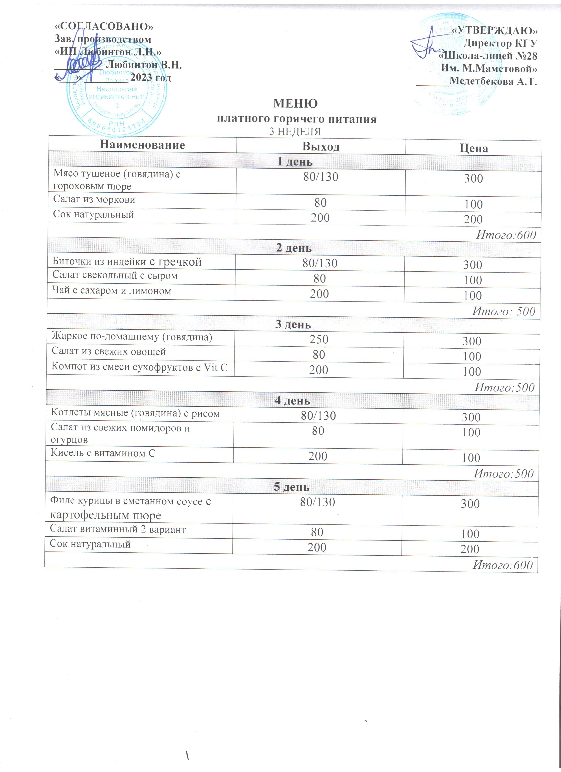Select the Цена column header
(x=474, y=148)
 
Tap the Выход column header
(x=321, y=147)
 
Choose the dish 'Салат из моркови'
(x=94, y=199)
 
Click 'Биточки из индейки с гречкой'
(x=127, y=262)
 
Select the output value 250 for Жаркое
(x=319, y=339)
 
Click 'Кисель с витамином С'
(x=103, y=453)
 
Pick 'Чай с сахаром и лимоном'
(x=112, y=291)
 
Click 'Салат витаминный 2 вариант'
(x=118, y=530)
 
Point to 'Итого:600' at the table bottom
(x=502, y=565)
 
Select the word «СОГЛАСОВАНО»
(x=104, y=27)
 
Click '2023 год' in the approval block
(x=151, y=78)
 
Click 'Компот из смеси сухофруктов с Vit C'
(x=139, y=367)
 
